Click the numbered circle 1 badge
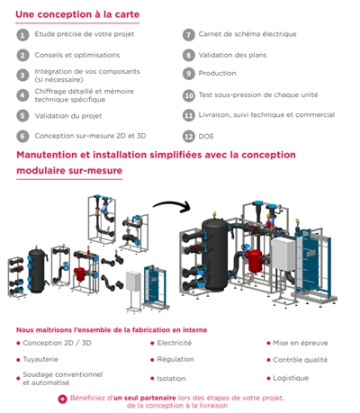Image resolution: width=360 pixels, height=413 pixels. point(22,35)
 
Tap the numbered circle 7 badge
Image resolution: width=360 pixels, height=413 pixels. point(189,35)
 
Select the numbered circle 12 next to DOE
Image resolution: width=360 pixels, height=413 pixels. point(189,137)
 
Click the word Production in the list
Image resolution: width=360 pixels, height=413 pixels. point(217,73)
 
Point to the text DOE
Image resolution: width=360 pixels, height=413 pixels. point(206,137)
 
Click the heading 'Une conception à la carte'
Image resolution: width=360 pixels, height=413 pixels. point(77,14)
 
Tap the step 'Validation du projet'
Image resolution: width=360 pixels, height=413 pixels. point(68,116)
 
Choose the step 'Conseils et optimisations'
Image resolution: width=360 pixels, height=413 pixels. point(77,55)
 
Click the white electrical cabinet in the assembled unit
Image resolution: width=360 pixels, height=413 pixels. point(283,255)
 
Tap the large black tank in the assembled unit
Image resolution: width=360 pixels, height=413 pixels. point(215,255)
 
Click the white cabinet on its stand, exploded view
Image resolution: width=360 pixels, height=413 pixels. point(133,291)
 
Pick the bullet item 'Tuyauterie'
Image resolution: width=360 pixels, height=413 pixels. point(40,359)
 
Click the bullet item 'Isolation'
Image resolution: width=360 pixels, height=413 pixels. point(171,379)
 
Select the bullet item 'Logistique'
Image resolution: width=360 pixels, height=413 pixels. point(291,378)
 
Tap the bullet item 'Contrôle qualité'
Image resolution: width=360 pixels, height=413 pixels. point(300,360)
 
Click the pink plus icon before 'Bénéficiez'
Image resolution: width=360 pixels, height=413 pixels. point(62,400)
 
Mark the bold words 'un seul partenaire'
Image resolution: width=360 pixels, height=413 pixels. point(145,398)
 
